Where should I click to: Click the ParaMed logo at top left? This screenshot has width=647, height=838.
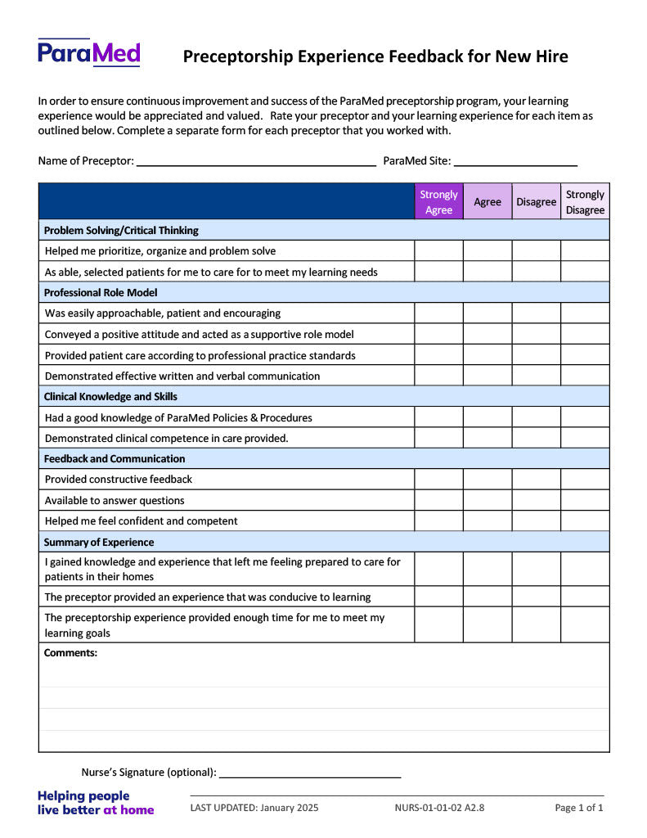[x=89, y=53]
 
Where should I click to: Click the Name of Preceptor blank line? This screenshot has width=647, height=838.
[x=255, y=162]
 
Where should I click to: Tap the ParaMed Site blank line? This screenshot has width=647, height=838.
[x=515, y=162]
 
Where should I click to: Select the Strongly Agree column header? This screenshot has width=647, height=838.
[x=438, y=202]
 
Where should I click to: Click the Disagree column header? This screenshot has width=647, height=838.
[x=536, y=202]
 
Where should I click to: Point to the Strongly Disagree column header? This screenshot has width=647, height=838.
[x=585, y=202]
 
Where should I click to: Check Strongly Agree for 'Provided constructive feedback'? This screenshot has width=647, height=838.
[x=438, y=480]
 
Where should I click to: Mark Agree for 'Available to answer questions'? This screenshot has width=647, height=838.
[x=487, y=500]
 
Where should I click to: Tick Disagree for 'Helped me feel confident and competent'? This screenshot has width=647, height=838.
[x=536, y=521]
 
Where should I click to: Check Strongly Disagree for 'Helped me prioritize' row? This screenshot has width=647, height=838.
[x=585, y=251]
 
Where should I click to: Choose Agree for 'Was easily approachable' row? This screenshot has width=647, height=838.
[x=487, y=313]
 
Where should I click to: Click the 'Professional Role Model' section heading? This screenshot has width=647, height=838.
[x=101, y=292]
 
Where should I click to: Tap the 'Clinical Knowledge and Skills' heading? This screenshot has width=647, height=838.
[x=110, y=397]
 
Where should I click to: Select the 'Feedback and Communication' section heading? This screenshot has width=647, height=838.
[x=115, y=459]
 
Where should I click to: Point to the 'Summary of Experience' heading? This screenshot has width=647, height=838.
[x=99, y=543]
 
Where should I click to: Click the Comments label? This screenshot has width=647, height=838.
[x=70, y=653]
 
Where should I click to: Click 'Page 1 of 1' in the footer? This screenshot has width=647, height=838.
[x=579, y=809]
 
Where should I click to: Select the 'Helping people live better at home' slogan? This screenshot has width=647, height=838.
[x=96, y=803]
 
